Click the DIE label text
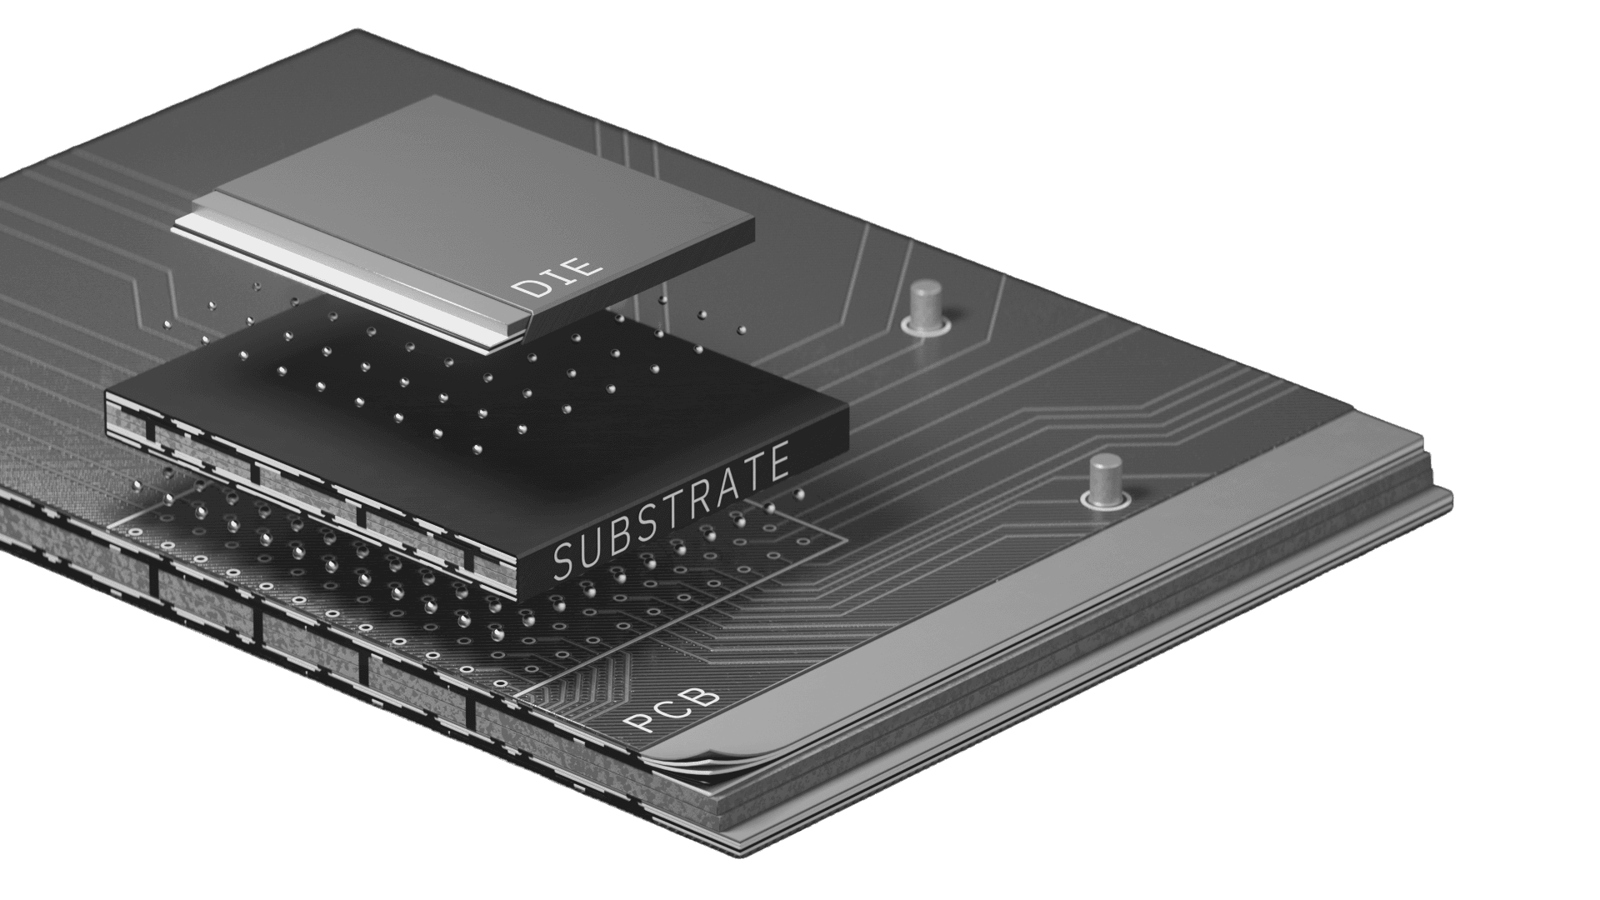[557, 278]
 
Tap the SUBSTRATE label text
[671, 514]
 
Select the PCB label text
[672, 708]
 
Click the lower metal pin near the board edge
[1106, 478]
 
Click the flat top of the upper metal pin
[923, 289]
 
